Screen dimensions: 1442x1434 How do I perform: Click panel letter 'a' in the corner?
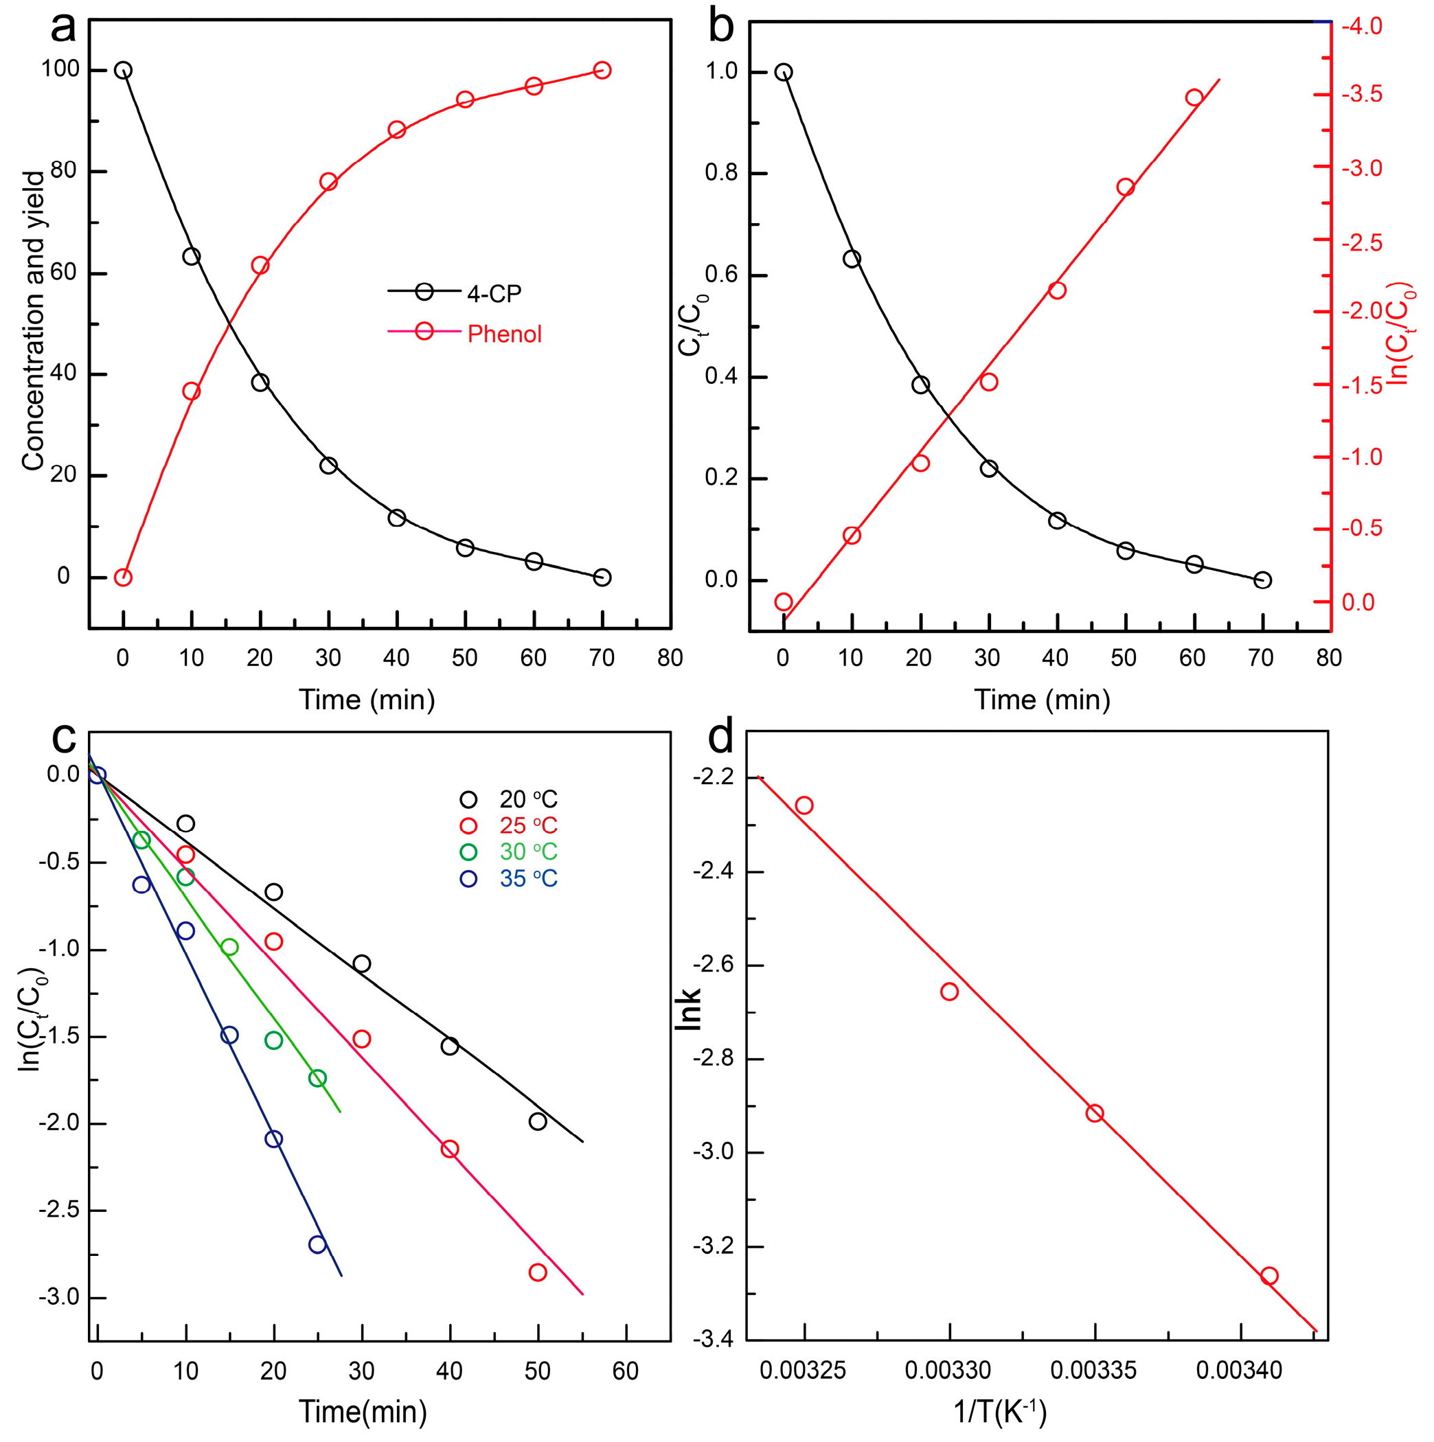[63, 28]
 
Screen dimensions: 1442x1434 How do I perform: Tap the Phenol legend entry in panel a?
[504, 334]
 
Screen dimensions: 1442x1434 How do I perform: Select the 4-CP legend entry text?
[493, 294]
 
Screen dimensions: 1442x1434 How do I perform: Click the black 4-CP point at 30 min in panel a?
[328, 465]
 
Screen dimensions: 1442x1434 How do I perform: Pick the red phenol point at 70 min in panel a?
[602, 70]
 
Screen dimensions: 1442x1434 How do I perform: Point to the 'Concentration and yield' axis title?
[34, 321]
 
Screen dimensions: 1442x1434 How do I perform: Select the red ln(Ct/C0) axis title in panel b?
[1400, 334]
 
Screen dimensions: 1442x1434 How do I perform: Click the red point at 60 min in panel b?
[1194, 98]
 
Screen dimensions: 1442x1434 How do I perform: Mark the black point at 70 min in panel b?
[1262, 580]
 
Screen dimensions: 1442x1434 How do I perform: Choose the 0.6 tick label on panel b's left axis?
[720, 275]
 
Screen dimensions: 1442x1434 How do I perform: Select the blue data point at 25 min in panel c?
[317, 1244]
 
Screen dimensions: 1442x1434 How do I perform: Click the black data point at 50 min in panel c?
[538, 1121]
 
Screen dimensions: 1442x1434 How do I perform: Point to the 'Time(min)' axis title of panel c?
[363, 1411]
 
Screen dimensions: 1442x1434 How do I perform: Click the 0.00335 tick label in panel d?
[1093, 1371]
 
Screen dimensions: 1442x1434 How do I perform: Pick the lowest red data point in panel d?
[1269, 1276]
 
